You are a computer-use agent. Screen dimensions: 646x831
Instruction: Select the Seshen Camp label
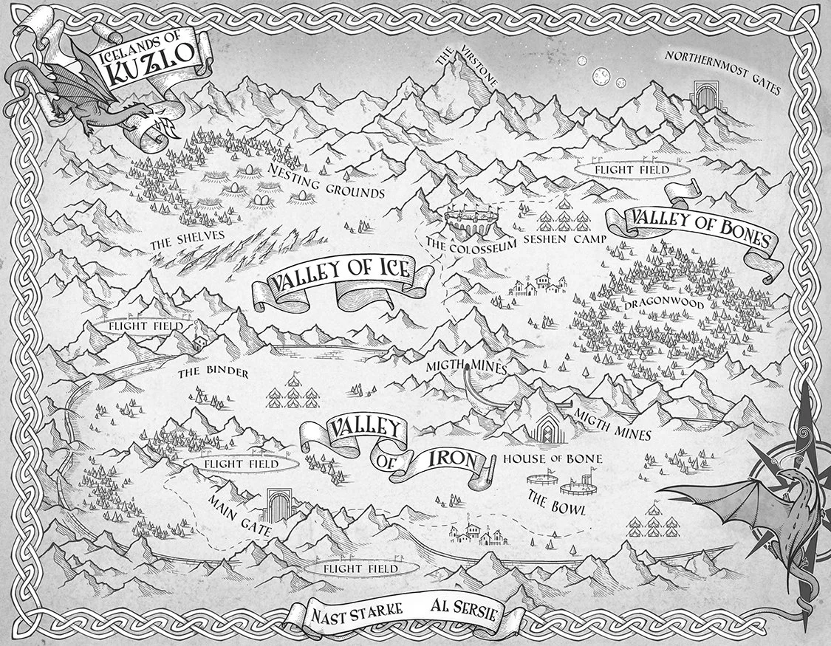click(x=564, y=239)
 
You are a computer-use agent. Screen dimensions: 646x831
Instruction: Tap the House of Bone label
click(x=552, y=459)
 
